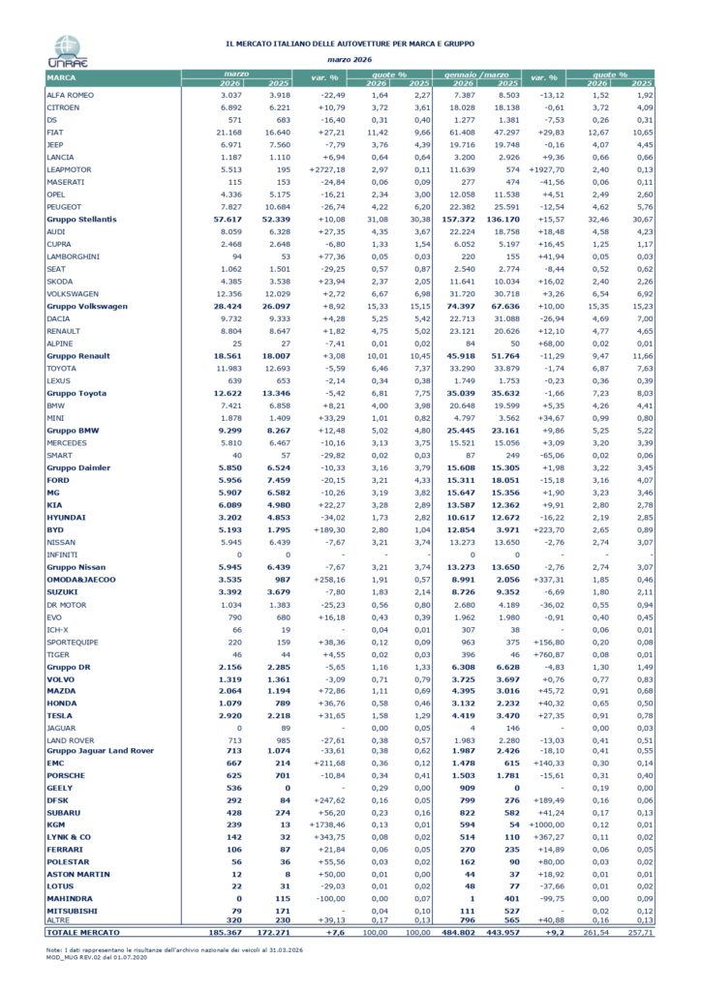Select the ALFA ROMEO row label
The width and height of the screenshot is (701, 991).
click(72, 95)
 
